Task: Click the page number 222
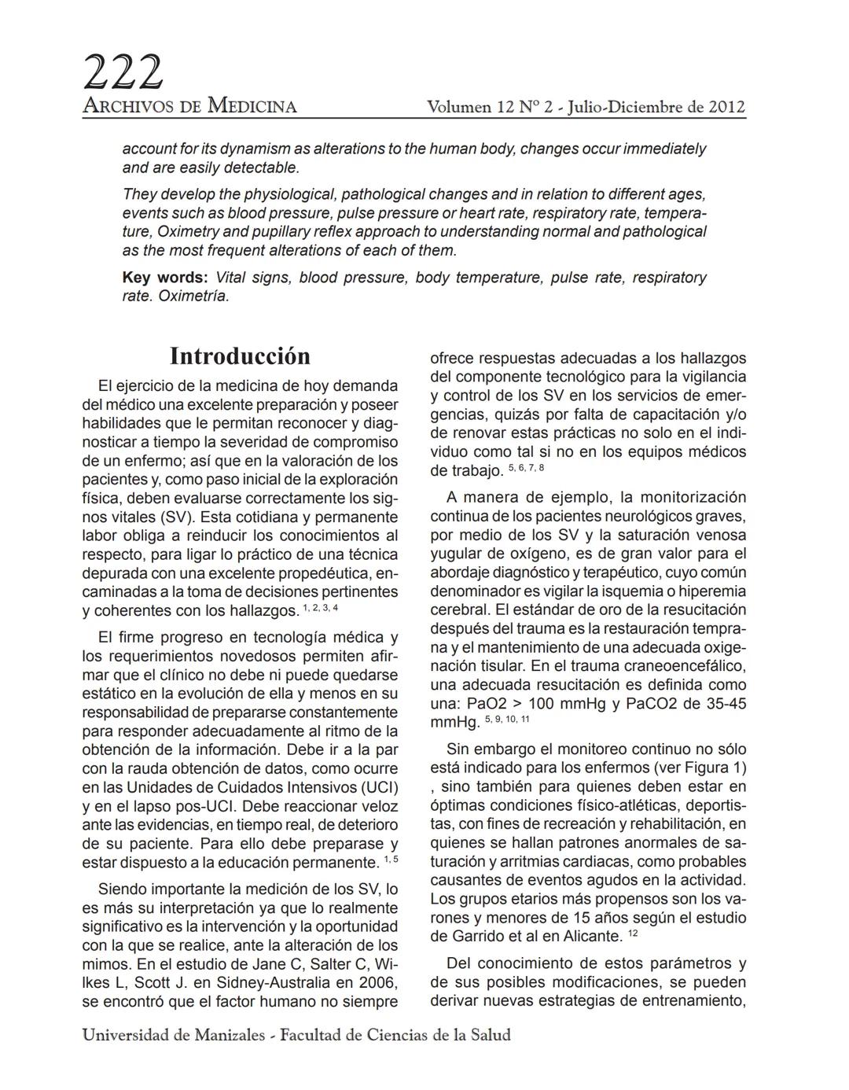[123, 73]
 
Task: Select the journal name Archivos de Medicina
[189, 106]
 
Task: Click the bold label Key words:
[165, 278]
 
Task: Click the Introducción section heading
[240, 356]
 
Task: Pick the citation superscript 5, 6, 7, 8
[526, 469]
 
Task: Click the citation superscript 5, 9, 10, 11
[507, 720]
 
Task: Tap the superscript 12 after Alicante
[634, 934]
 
